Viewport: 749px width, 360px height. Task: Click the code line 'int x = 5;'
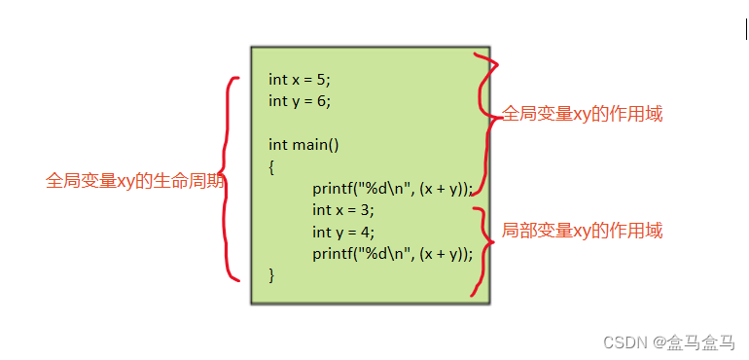pyautogui.click(x=305, y=80)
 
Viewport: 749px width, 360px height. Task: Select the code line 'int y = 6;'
pyautogui.click(x=305, y=100)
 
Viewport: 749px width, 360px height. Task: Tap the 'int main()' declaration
pyautogui.click(x=303, y=145)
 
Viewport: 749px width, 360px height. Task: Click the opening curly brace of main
pyautogui.click(x=271, y=166)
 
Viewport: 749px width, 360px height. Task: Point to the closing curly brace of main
pyautogui.click(x=271, y=275)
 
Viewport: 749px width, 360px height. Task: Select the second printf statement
pyautogui.click(x=392, y=254)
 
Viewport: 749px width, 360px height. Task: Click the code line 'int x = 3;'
pyautogui.click(x=342, y=209)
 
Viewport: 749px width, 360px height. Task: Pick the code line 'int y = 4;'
pyautogui.click(x=342, y=232)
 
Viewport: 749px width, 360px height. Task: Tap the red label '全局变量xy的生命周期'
pyautogui.click(x=135, y=181)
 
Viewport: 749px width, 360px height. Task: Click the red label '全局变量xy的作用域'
pyautogui.click(x=582, y=114)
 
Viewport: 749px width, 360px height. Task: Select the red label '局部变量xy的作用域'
pyautogui.click(x=582, y=231)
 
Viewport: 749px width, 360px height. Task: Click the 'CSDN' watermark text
pyautogui.click(x=624, y=342)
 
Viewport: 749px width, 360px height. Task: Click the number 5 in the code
pyautogui.click(x=321, y=80)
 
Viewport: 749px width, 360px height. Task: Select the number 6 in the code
pyautogui.click(x=322, y=100)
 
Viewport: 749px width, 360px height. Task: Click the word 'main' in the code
pyautogui.click(x=310, y=145)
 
